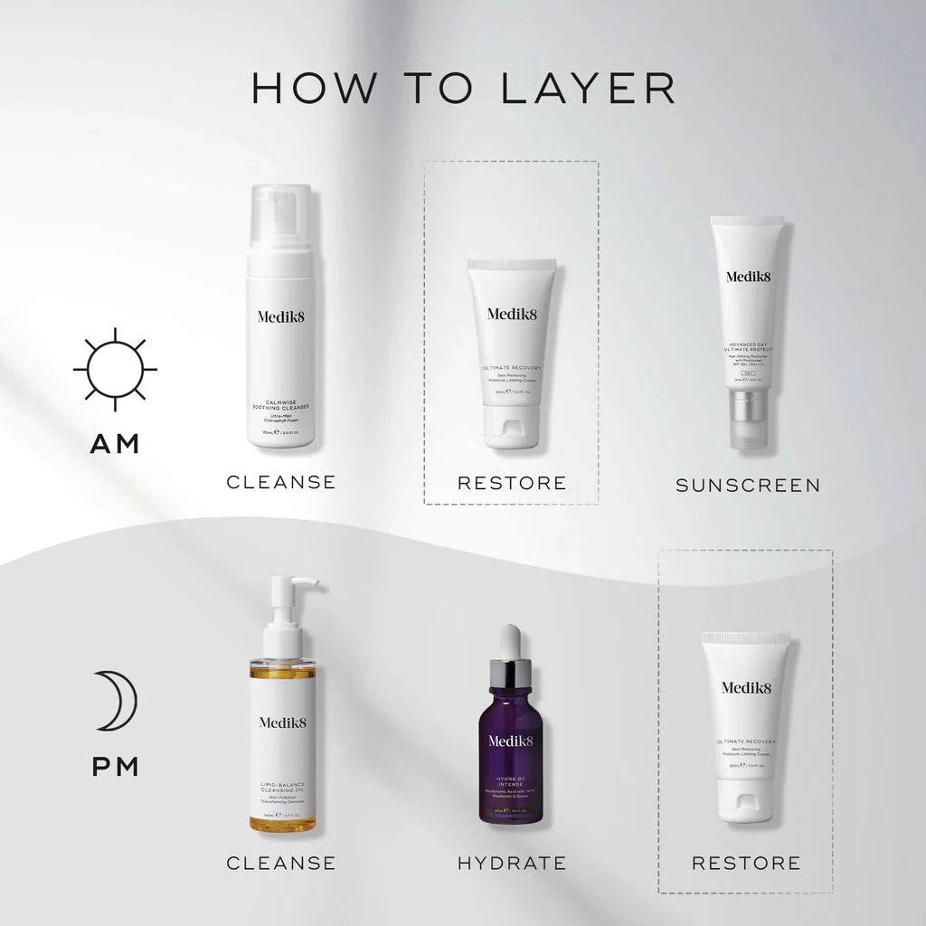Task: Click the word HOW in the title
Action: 303,88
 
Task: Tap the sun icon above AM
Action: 115,370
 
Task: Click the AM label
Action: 115,443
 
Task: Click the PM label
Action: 115,767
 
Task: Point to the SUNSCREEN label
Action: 748,486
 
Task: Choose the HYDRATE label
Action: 512,863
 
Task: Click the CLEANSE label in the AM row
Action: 281,482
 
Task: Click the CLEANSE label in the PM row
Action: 281,863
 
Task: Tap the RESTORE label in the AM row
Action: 512,483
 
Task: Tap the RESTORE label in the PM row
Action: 746,863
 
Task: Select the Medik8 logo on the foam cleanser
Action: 280,317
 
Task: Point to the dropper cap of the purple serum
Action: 512,651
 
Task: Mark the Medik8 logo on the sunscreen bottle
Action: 748,277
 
